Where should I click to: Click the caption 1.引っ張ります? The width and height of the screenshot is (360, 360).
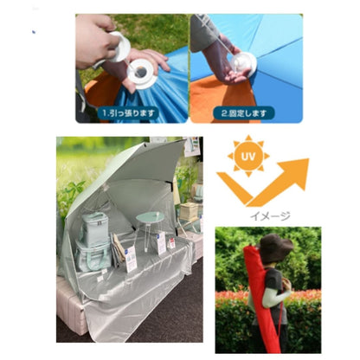coord(129,113)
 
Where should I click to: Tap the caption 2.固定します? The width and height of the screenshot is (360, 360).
coord(244,113)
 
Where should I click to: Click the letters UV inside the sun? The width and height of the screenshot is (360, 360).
coord(248,157)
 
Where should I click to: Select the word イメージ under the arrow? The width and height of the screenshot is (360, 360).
coord(270,215)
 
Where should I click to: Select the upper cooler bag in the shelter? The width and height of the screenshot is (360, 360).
coord(95,229)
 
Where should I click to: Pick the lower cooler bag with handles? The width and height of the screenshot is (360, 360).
coord(93,256)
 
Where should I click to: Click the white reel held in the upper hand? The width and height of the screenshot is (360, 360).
coord(119,47)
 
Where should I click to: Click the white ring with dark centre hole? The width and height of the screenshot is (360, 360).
coord(143,74)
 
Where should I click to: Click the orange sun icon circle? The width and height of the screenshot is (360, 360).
coord(248,157)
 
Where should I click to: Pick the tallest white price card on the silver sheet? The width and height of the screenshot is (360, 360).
coord(131,259)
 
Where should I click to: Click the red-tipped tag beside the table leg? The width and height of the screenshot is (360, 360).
coord(171,243)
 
